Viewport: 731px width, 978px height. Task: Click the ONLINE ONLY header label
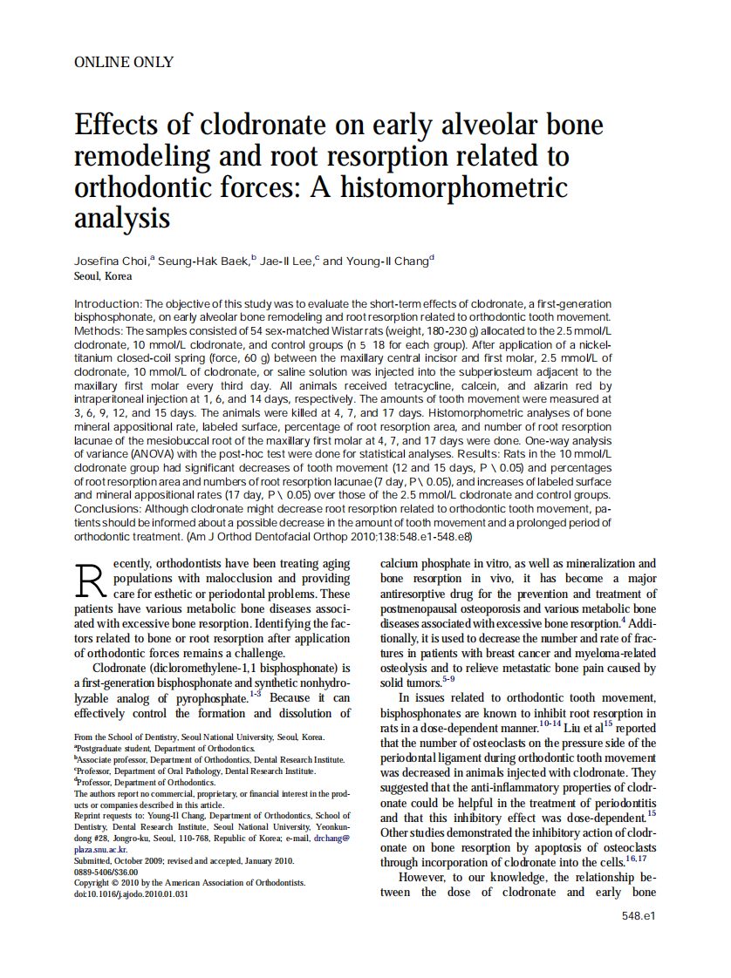click(x=124, y=62)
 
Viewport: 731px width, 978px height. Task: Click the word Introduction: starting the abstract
click(x=106, y=302)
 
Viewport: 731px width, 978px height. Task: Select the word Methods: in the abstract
click(x=99, y=332)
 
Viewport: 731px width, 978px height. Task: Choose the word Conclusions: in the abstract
click(x=108, y=508)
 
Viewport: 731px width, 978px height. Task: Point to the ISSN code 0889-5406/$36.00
click(x=106, y=872)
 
